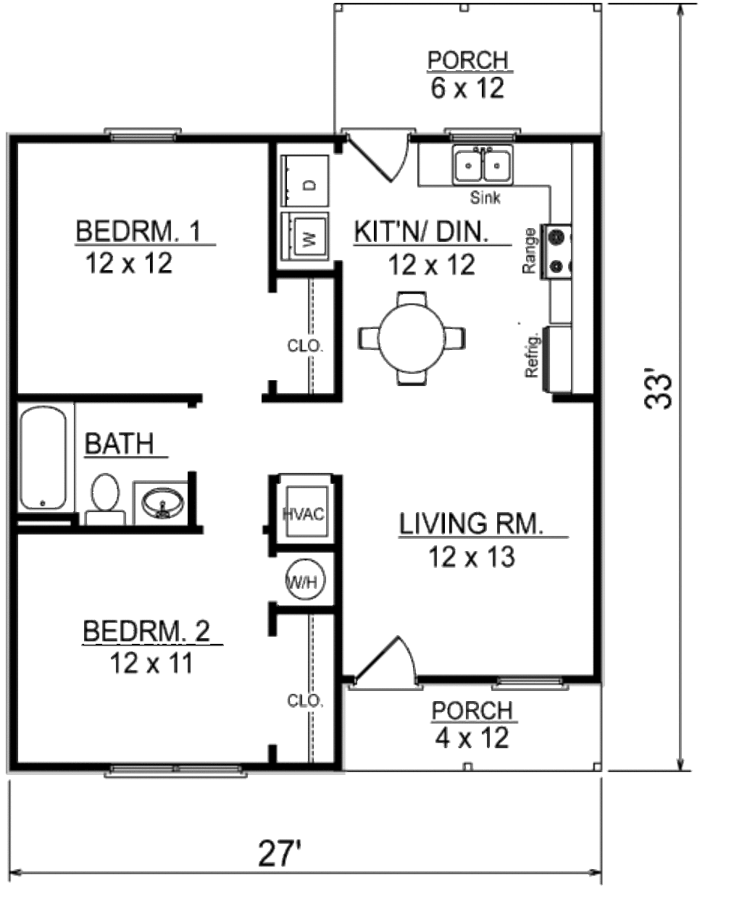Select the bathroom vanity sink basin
[163, 503]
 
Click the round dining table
[412, 338]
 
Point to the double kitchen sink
[483, 165]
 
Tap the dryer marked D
[305, 181]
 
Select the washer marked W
[305, 237]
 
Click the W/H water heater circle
[305, 580]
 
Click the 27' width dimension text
[280, 853]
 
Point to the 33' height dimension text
[658, 391]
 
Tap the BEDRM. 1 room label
[138, 231]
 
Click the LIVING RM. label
[472, 524]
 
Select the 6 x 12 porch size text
[467, 88]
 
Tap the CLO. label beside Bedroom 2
[305, 700]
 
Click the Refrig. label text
[532, 356]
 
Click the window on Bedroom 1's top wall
[143, 134]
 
